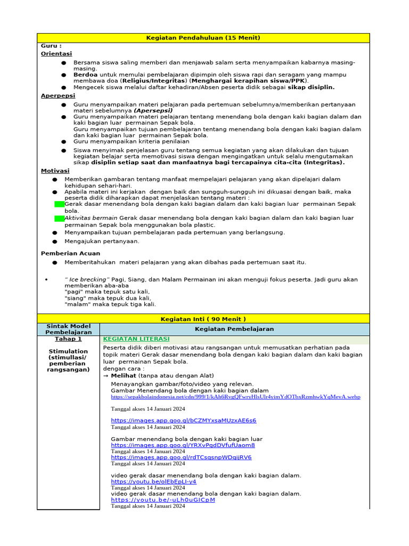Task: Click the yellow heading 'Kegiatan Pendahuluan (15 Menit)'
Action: tap(203, 38)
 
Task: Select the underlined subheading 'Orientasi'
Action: tap(56, 54)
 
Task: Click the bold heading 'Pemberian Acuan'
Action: tap(70, 253)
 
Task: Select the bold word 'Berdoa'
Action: tap(85, 75)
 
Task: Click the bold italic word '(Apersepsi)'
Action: tap(152, 110)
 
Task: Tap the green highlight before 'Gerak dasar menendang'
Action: tap(59, 204)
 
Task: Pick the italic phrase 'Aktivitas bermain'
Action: tap(91, 218)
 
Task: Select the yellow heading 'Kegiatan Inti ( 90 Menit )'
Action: tap(203, 319)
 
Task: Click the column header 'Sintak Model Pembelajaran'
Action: tap(68, 329)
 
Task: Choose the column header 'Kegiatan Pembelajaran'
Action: tap(234, 329)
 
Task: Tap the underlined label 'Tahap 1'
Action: tap(68, 339)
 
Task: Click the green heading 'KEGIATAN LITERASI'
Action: tap(136, 339)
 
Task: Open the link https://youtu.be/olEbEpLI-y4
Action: tap(153, 481)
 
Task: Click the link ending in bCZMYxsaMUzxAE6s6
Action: tap(183, 420)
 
